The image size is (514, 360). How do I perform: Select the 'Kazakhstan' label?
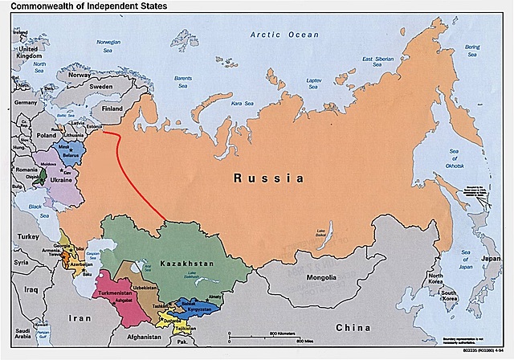[186, 264]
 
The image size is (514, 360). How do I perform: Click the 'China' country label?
[353, 327]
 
